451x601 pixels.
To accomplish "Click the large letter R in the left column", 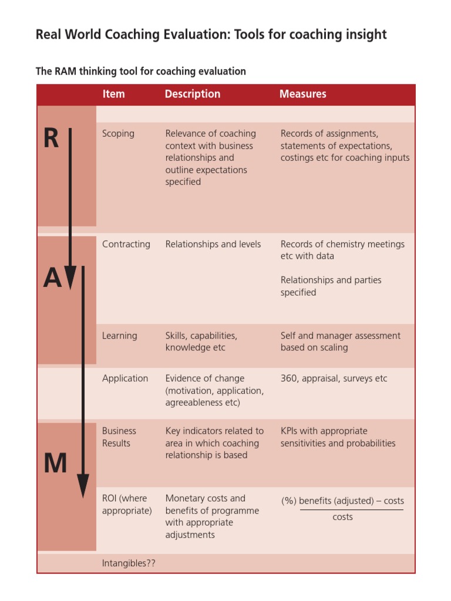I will click(x=51, y=139).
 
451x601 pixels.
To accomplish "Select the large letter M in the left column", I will click(x=55, y=464).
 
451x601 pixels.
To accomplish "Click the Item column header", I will click(x=113, y=94).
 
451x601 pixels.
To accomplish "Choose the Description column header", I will click(x=192, y=94).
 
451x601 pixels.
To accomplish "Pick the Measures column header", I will click(x=302, y=94).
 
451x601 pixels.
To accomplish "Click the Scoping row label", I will click(x=118, y=134).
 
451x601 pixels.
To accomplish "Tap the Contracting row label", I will click(x=126, y=244).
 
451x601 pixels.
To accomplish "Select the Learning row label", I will click(x=119, y=336).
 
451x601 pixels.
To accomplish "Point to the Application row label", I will click(x=125, y=379).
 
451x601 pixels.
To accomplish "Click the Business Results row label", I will click(x=119, y=437).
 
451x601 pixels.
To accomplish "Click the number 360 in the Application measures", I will click(x=289, y=379).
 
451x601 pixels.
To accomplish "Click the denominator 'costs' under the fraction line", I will click(x=342, y=517).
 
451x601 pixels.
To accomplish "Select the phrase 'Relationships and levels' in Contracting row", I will click(x=213, y=244).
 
